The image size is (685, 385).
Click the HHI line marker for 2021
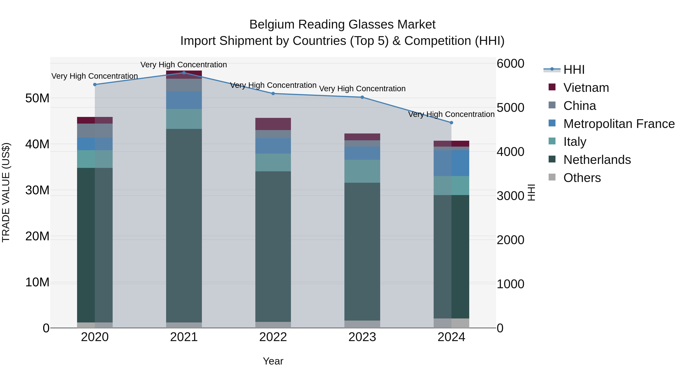[184, 73]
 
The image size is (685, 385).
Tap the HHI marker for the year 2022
[273, 94]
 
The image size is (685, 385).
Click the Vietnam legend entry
[586, 88]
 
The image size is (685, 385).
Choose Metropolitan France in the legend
[619, 124]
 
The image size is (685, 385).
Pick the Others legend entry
[582, 178]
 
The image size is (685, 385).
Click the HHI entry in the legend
[574, 70]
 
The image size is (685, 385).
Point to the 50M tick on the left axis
[37, 98]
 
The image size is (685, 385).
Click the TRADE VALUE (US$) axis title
[6, 192]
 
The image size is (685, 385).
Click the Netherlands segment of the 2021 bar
[184, 226]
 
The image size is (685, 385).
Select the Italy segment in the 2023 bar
[362, 171]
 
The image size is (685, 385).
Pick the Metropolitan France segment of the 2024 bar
[451, 163]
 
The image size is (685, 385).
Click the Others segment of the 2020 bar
[95, 325]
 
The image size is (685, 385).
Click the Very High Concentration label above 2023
[362, 89]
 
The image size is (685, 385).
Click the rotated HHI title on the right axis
[531, 192]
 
